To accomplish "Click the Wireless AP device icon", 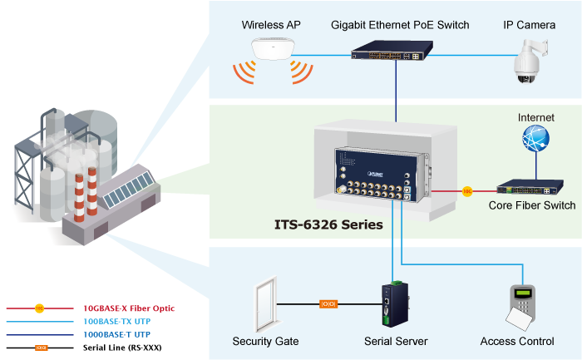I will [272, 50].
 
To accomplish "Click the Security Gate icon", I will [262, 306].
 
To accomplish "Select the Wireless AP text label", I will [271, 25].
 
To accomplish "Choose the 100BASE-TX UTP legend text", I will [117, 321].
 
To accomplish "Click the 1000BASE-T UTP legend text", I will [116, 334].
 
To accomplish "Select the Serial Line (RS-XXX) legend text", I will [121, 347].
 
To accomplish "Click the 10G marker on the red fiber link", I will [468, 191].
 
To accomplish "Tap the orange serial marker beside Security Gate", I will [328, 304].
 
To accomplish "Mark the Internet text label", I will [535, 118].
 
